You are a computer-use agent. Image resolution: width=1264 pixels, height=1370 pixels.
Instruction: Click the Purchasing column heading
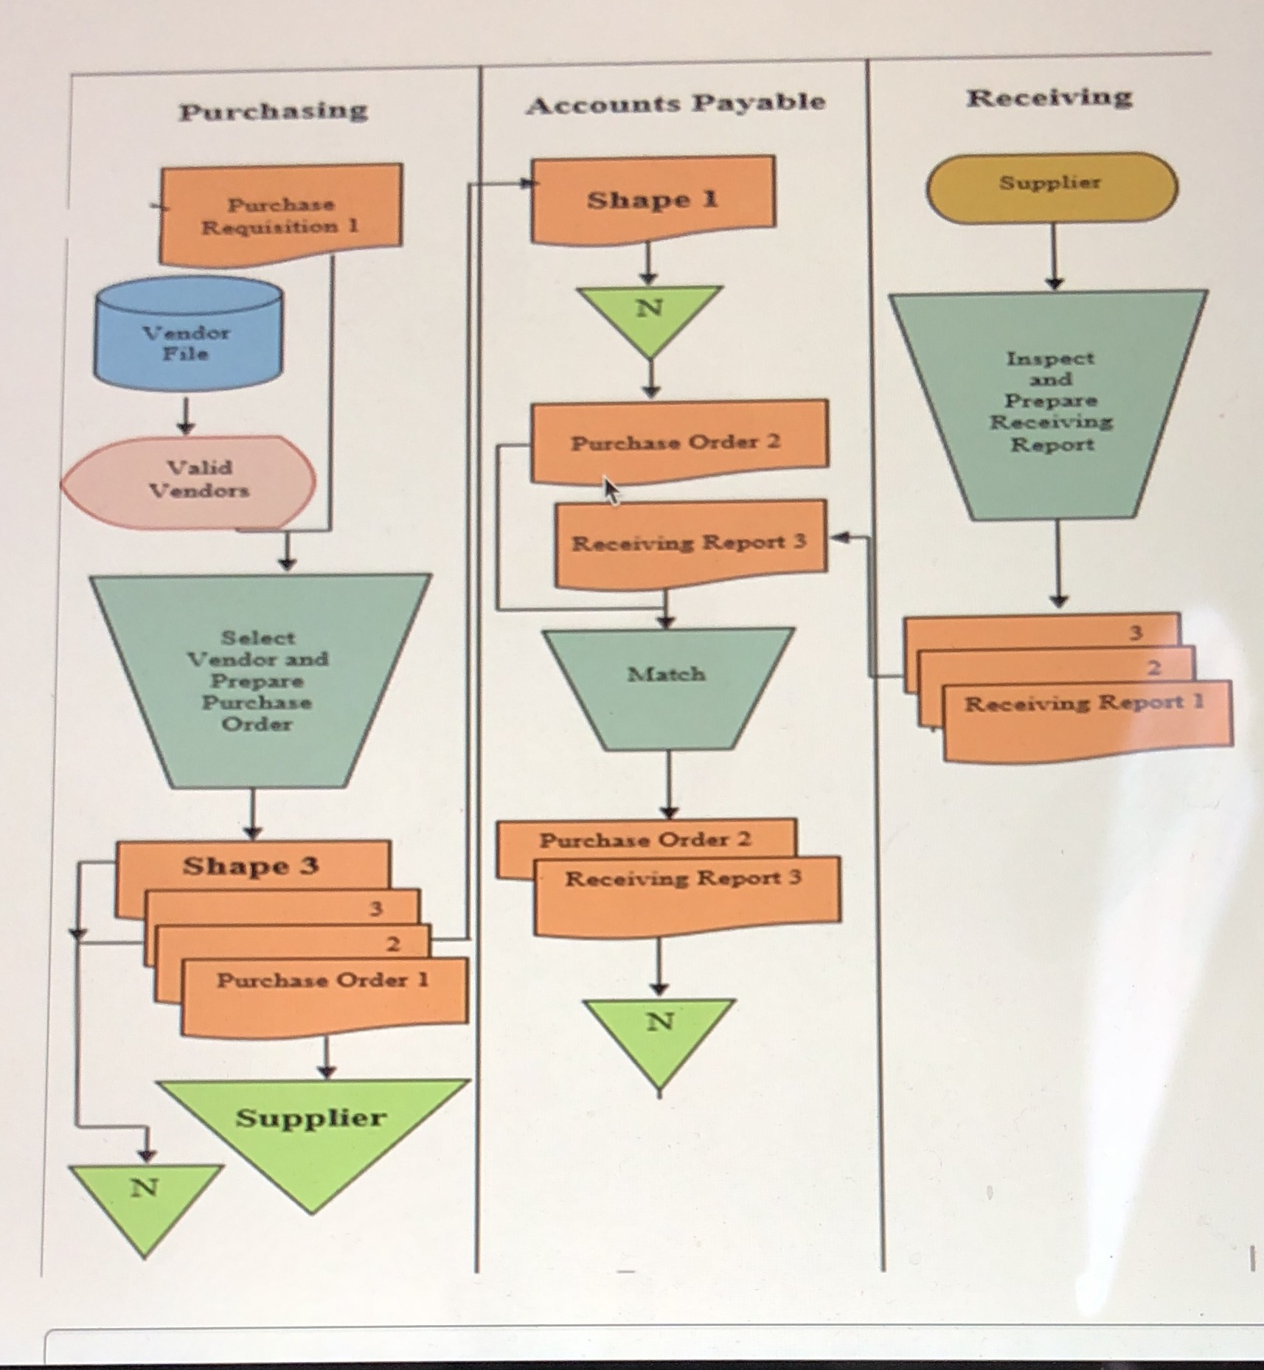coord(273,111)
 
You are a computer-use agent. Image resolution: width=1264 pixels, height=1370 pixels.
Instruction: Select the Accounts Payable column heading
coord(675,103)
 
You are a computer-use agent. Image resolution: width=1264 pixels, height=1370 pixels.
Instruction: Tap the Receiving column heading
coord(1049,97)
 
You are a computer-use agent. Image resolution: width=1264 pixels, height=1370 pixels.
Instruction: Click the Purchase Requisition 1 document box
coord(280,215)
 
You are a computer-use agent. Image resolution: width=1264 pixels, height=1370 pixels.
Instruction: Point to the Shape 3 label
coord(251,866)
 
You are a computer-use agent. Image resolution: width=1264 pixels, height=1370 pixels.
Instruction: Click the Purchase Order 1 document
coord(323,988)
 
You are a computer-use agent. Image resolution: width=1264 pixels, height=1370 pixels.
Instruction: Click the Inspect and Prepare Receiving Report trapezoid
coord(1050,401)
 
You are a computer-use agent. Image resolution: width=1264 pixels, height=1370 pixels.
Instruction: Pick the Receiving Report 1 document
coord(1084,712)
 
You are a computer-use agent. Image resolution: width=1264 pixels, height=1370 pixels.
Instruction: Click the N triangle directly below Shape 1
coord(649,313)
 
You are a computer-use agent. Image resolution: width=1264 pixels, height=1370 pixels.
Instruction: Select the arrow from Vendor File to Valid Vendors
coord(185,417)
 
